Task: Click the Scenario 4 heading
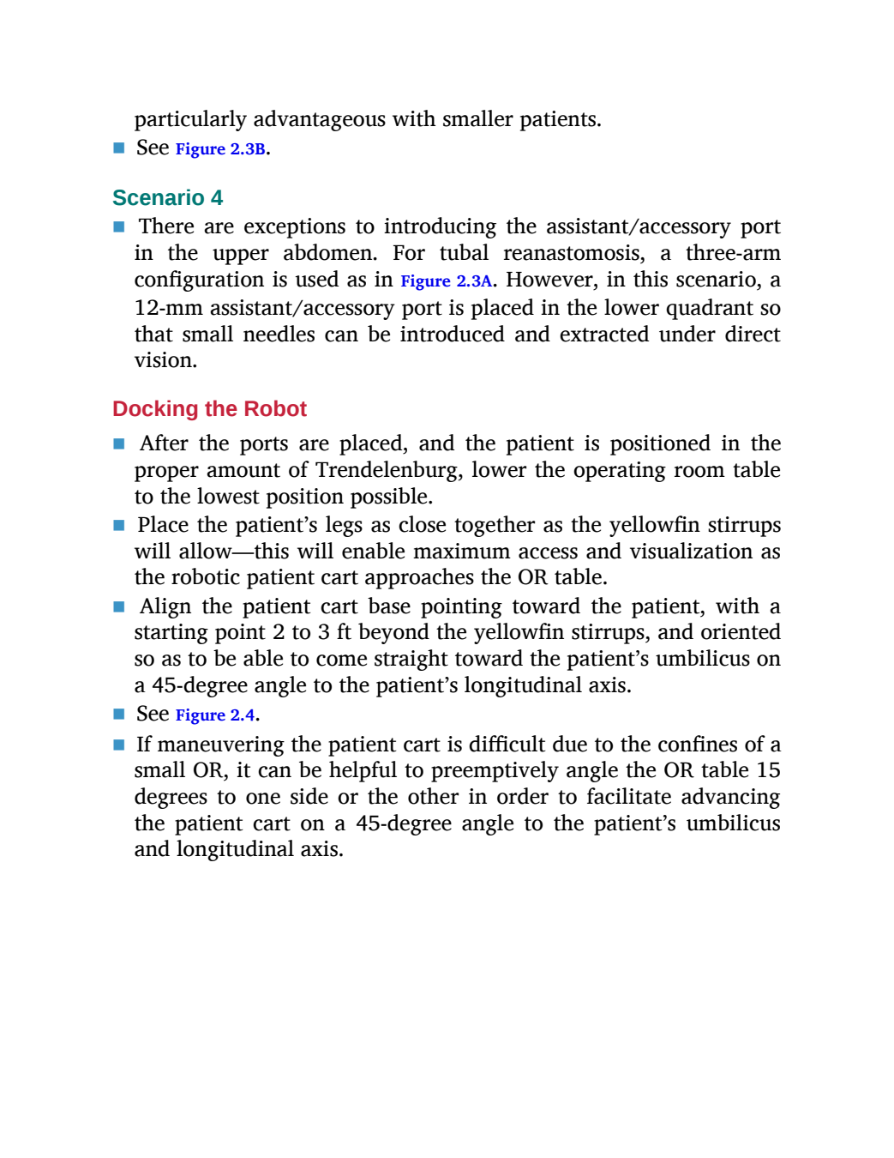click(x=167, y=197)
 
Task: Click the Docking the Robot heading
click(x=209, y=409)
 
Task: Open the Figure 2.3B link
click(x=220, y=149)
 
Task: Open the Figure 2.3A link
click(x=447, y=280)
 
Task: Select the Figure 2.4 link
click(x=215, y=715)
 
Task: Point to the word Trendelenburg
click(x=389, y=471)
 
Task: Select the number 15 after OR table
click(x=767, y=770)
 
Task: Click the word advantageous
click(x=320, y=119)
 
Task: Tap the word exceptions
click(x=295, y=227)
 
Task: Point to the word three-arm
click(x=733, y=253)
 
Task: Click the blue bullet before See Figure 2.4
click(x=119, y=714)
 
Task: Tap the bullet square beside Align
click(x=119, y=607)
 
